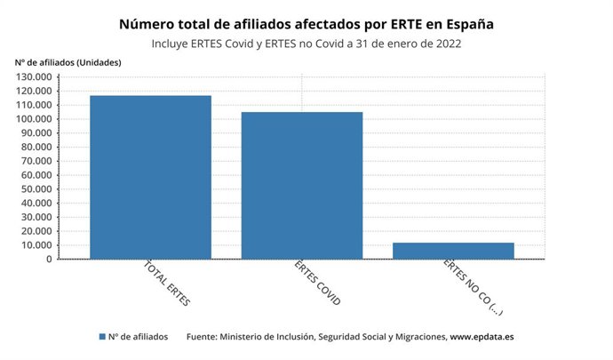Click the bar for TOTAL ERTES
pyautogui.click(x=150, y=177)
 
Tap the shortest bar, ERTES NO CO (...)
pyautogui.click(x=453, y=251)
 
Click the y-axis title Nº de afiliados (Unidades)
pyautogui.click(x=68, y=61)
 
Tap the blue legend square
pyautogui.click(x=103, y=338)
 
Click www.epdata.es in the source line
pyautogui.click(x=482, y=338)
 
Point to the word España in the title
pyautogui.click(x=467, y=24)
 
